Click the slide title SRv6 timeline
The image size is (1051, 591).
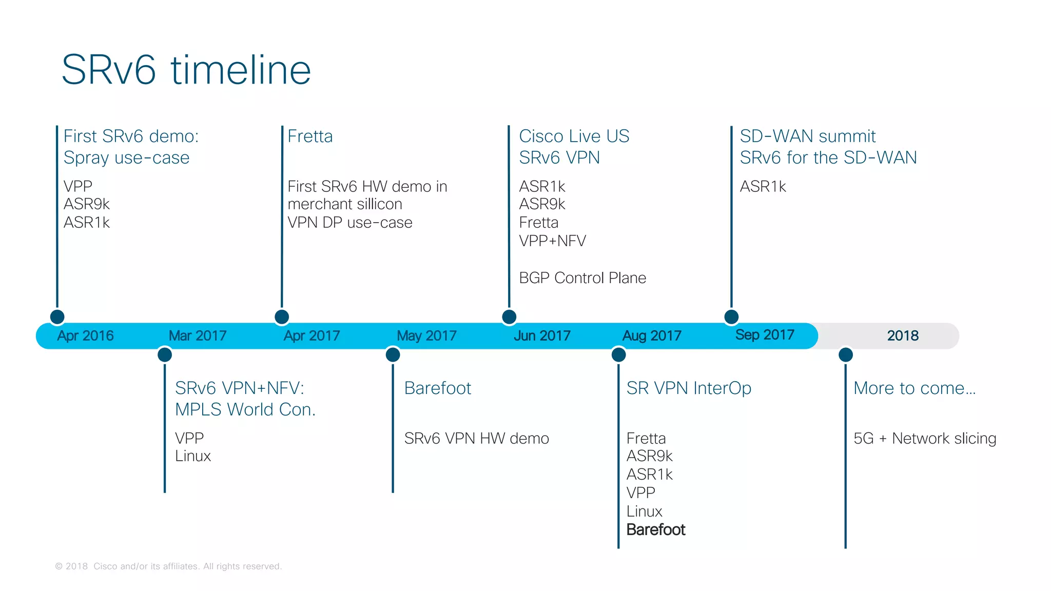[186, 70]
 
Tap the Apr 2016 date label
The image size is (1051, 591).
[85, 336]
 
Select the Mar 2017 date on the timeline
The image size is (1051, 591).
[198, 336]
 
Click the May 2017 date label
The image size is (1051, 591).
[426, 336]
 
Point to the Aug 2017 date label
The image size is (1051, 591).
[652, 336]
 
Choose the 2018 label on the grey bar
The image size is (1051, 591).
[903, 336]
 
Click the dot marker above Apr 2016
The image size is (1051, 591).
[57, 317]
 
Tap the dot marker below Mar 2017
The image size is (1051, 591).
[165, 354]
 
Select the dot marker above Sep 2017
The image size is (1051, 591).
[731, 317]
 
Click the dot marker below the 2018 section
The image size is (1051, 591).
[846, 354]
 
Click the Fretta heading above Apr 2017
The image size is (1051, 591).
[310, 136]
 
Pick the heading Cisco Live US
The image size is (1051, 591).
[574, 136]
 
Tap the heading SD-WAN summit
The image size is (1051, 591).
[807, 136]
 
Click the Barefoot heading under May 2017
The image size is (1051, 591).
[437, 388]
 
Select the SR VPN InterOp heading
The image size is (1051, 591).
[689, 388]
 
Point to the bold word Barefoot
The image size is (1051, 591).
[656, 529]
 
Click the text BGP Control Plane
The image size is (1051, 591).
[582, 278]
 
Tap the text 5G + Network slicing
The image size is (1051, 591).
[925, 439]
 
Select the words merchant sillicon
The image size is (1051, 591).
[345, 204]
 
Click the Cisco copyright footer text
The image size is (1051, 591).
[168, 566]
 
